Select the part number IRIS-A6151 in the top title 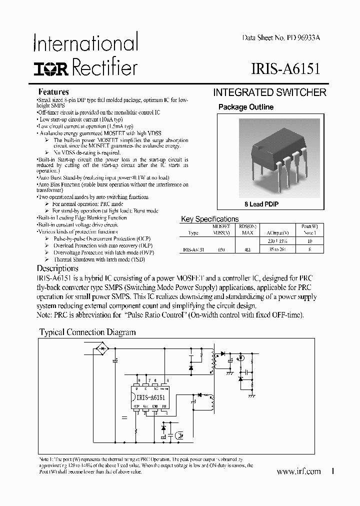[x=283, y=67]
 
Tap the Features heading [x=53, y=92]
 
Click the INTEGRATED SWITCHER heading [x=269, y=92]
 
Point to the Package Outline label [x=246, y=107]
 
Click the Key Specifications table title [x=209, y=219]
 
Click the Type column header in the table [x=193, y=233]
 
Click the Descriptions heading [x=57, y=268]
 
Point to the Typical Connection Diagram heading [x=87, y=332]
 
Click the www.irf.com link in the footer [x=298, y=471]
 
